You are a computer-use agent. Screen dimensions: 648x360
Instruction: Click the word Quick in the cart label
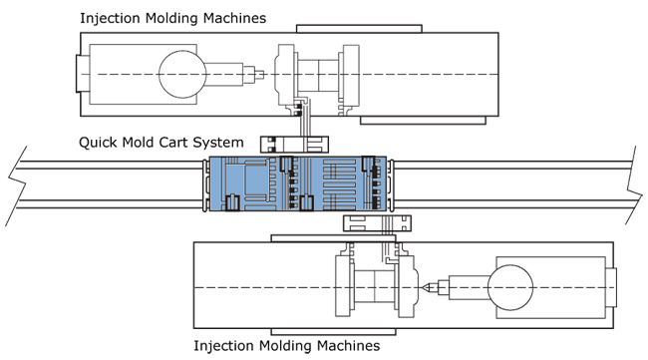click(95, 143)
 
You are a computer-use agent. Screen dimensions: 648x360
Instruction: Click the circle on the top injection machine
click(182, 75)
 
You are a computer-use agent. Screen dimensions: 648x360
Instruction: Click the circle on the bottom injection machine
click(510, 287)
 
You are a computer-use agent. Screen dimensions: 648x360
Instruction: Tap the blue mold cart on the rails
click(297, 183)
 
